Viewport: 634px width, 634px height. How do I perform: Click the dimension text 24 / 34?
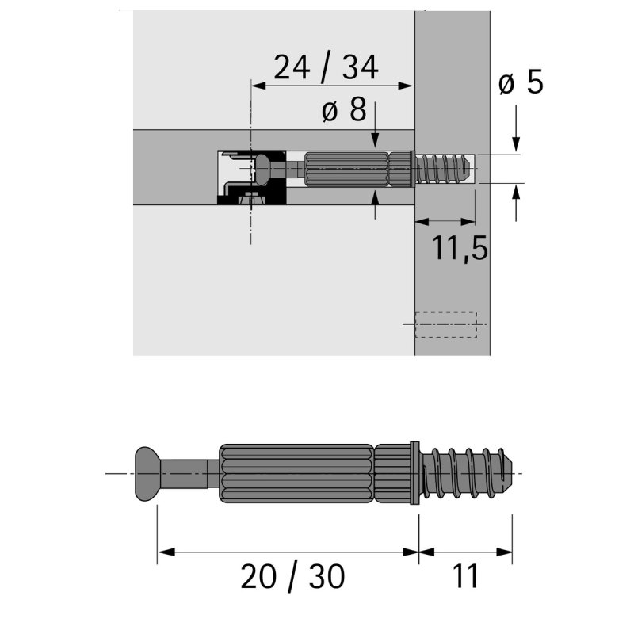(x=326, y=68)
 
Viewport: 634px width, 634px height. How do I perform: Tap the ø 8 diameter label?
(x=344, y=110)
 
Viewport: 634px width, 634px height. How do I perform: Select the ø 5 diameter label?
(x=521, y=82)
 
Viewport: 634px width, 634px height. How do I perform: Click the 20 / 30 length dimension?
(x=293, y=577)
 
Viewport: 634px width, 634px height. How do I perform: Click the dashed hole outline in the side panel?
(x=446, y=324)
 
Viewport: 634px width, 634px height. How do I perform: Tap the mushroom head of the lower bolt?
(x=147, y=473)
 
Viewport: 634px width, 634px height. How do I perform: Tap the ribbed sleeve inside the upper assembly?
(x=346, y=169)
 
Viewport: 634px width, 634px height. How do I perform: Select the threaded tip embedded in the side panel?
(x=444, y=169)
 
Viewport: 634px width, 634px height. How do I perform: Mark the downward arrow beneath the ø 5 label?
(x=517, y=139)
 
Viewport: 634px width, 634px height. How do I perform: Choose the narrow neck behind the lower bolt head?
(x=187, y=473)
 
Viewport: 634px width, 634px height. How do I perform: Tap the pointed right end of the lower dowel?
(x=515, y=473)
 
